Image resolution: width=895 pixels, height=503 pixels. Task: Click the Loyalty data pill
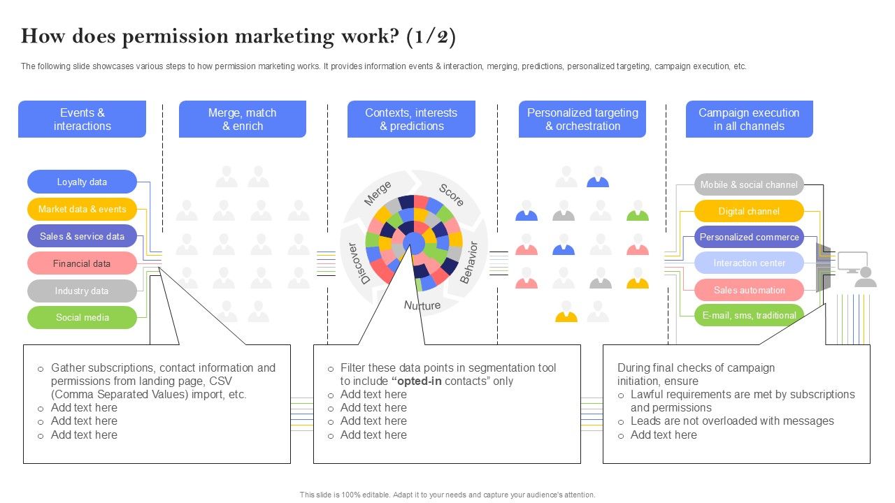click(82, 182)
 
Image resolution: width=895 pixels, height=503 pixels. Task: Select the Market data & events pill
click(82, 209)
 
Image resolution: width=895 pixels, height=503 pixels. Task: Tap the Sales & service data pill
click(82, 236)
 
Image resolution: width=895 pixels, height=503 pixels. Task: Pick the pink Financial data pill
click(82, 263)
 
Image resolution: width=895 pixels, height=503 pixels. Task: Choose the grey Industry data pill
click(82, 291)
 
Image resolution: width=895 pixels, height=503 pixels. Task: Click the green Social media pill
click(82, 317)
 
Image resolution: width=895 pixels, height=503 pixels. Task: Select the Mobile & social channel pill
click(749, 184)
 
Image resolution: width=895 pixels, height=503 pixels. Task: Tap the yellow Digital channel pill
click(749, 211)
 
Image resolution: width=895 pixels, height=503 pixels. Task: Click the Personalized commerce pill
click(749, 237)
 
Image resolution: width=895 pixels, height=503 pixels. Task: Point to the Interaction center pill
click(749, 263)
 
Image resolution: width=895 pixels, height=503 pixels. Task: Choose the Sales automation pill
click(749, 290)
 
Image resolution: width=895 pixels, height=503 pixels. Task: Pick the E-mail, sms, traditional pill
click(749, 315)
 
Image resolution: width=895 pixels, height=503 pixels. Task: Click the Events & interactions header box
click(82, 119)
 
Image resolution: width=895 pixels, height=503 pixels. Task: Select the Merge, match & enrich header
click(242, 119)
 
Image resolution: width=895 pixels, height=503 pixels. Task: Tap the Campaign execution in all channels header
click(748, 119)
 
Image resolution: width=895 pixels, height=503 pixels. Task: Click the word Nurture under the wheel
click(422, 305)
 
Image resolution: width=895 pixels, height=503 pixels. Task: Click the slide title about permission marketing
click(238, 36)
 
